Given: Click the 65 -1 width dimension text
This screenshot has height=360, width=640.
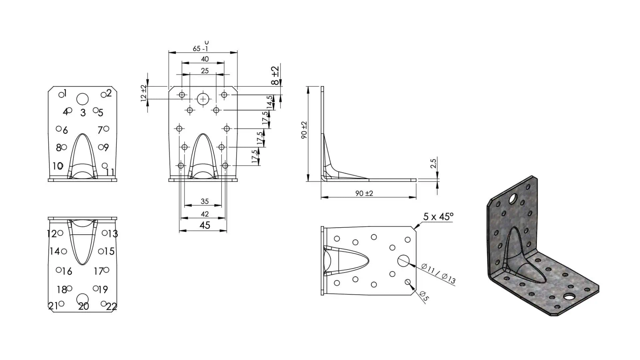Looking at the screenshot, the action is [200, 49].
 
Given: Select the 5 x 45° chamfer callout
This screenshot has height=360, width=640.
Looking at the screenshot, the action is [438, 217].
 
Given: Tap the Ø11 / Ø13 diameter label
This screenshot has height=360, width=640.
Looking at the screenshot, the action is [438, 274].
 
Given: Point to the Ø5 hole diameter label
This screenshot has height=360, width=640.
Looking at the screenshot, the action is [423, 296].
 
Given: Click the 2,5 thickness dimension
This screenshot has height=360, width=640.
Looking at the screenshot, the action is [433, 164].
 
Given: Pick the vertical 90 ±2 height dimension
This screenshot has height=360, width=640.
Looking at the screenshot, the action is [304, 130].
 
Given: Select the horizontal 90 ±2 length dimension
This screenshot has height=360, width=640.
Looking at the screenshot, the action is [364, 193].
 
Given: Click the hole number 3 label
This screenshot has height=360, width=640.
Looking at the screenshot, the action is [83, 113].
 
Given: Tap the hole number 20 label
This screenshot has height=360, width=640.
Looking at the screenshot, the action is [83, 306].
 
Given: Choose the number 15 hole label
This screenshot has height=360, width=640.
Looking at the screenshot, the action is [109, 251].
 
